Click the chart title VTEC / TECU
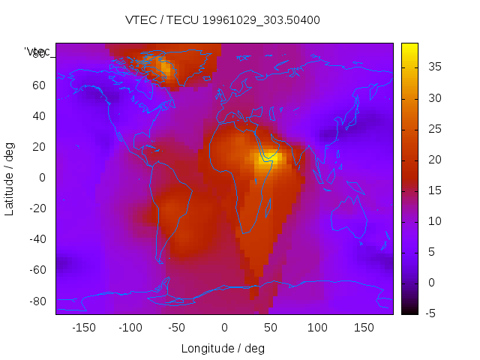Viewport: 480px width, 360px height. [x=223, y=20]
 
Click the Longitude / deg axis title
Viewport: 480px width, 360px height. [x=223, y=348]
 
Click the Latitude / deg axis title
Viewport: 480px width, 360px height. [x=10, y=178]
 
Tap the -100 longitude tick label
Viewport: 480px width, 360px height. [x=130, y=328]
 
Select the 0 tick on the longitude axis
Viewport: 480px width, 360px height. [x=223, y=328]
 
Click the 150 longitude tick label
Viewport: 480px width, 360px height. [x=363, y=328]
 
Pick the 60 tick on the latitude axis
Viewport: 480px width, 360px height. [x=38, y=85]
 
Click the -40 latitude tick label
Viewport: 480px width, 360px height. [x=35, y=239]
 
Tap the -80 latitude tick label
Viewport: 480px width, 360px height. [x=35, y=301]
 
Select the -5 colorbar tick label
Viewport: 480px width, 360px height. [x=431, y=313]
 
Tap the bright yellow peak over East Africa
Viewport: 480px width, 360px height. [x=269, y=158]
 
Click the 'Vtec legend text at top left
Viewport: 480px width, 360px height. [x=37, y=52]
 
